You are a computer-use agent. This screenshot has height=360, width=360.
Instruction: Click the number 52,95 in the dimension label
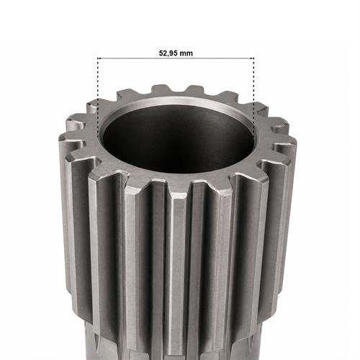click(x=168, y=53)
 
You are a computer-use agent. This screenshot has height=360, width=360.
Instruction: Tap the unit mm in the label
click(x=186, y=53)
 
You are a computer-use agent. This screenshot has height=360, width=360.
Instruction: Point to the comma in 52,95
click(x=168, y=55)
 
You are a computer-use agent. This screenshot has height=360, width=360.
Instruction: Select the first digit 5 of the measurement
click(x=161, y=53)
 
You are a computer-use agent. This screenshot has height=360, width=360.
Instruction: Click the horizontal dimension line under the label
click(x=176, y=58)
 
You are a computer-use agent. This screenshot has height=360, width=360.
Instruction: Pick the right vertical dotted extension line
click(x=254, y=96)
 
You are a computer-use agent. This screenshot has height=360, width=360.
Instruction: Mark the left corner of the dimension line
click(x=98, y=58)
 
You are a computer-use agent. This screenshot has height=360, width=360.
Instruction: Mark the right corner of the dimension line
click(x=254, y=58)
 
